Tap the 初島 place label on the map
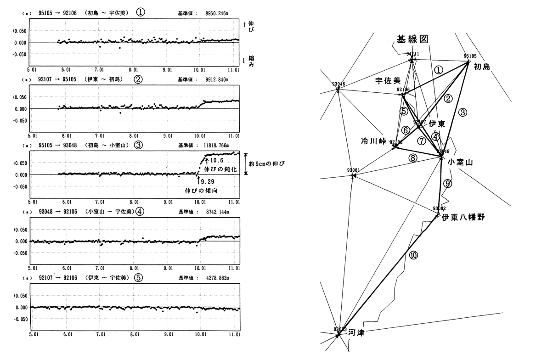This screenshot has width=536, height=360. pyautogui.click(x=482, y=67)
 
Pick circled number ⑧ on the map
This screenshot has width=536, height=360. pyautogui.click(x=413, y=157)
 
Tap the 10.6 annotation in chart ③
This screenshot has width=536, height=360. pyautogui.click(x=216, y=160)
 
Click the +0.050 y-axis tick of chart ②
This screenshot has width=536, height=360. pyautogui.click(x=19, y=97)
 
